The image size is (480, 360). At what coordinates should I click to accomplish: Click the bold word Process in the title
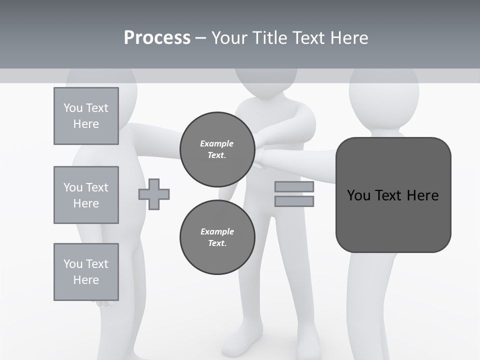tap(157, 38)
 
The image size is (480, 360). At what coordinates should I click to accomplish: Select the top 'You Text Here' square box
tap(86, 116)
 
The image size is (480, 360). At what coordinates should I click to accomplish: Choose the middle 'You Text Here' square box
tap(86, 195)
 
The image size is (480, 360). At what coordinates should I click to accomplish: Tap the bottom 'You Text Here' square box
tap(86, 272)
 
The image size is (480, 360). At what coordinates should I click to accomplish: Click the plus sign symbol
tap(154, 194)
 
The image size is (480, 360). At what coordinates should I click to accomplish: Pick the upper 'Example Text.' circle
tap(217, 149)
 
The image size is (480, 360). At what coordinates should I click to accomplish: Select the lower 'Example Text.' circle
tap(217, 237)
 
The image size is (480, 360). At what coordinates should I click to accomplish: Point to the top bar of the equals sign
tap(294, 187)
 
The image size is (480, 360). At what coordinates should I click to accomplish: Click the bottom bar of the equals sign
tap(294, 201)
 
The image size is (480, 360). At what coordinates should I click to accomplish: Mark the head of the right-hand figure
tap(384, 95)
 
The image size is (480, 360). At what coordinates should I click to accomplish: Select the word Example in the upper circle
tap(217, 144)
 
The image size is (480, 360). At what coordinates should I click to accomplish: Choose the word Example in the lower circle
tap(217, 231)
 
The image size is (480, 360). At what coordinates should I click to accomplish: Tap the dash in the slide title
tap(200, 38)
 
